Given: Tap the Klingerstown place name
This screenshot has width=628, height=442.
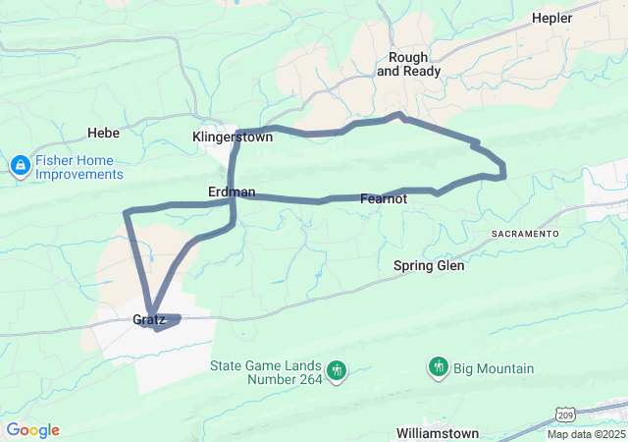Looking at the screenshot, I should pos(233,138).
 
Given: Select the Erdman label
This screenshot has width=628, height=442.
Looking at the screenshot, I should pos(232,192).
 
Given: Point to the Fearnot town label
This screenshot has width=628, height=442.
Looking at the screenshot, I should pos(384,198).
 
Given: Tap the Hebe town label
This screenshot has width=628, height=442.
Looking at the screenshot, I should pos(103,133).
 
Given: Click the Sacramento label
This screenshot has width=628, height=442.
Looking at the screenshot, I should pos(525,234).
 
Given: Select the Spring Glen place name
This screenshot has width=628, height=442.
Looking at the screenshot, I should pos(429,265).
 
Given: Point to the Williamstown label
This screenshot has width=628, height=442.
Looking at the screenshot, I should pos(438,433).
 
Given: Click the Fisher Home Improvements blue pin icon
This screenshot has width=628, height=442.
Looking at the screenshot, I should pos(20,167).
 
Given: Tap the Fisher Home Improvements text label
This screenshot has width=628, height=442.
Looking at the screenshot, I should pos(79,167).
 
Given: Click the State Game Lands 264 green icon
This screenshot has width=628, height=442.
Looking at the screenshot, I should pos(338,370).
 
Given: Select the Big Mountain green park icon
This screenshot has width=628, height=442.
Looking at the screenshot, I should pos(439,368).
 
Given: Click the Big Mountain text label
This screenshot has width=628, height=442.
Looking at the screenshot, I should pos(494,368).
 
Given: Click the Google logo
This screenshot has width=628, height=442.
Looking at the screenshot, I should pos(32,430).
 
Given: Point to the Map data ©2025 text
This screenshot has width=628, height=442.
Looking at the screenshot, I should pos(585,434).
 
